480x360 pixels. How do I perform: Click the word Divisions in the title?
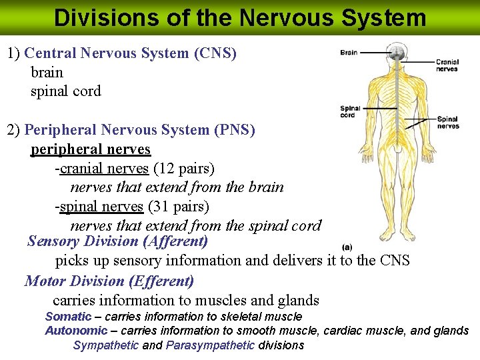[107, 17]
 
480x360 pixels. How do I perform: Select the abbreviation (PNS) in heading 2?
[235, 130]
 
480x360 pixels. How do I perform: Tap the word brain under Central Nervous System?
[47, 72]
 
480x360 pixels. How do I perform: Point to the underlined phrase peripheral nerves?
[91, 150]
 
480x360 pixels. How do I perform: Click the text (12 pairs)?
[184, 169]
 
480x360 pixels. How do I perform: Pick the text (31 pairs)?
[179, 207]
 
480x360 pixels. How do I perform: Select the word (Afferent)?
[175, 241]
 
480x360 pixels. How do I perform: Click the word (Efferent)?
[161, 281]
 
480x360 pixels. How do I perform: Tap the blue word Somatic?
[68, 316]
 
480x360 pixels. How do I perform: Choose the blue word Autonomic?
[76, 331]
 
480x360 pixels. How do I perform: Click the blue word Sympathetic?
[106, 345]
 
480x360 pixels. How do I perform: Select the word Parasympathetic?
[210, 345]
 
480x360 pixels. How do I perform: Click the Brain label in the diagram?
[349, 53]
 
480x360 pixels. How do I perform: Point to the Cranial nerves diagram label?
[447, 65]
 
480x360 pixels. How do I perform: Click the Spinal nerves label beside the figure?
[448, 123]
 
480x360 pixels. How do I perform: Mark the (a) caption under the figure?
[347, 247]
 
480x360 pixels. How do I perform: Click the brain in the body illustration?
[397, 51]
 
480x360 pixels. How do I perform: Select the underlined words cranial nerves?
[104, 169]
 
